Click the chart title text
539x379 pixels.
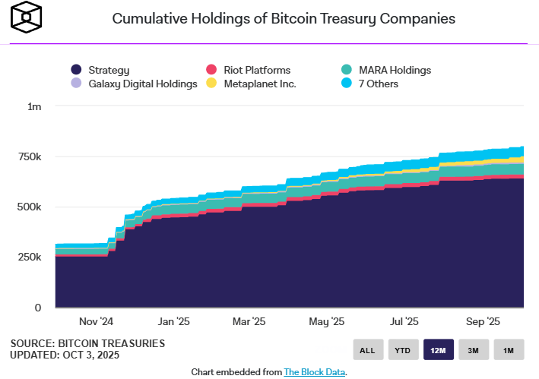(x=284, y=19)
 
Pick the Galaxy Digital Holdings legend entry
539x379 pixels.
(x=134, y=84)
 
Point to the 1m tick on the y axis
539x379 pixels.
(x=34, y=107)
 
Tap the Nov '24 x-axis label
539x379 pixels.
(x=97, y=321)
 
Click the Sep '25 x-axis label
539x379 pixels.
(x=481, y=321)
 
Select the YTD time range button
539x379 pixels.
(x=402, y=350)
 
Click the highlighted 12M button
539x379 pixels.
(x=438, y=350)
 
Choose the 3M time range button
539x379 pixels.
(x=473, y=350)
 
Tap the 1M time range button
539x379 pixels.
(x=508, y=350)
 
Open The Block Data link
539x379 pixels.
(x=315, y=372)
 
